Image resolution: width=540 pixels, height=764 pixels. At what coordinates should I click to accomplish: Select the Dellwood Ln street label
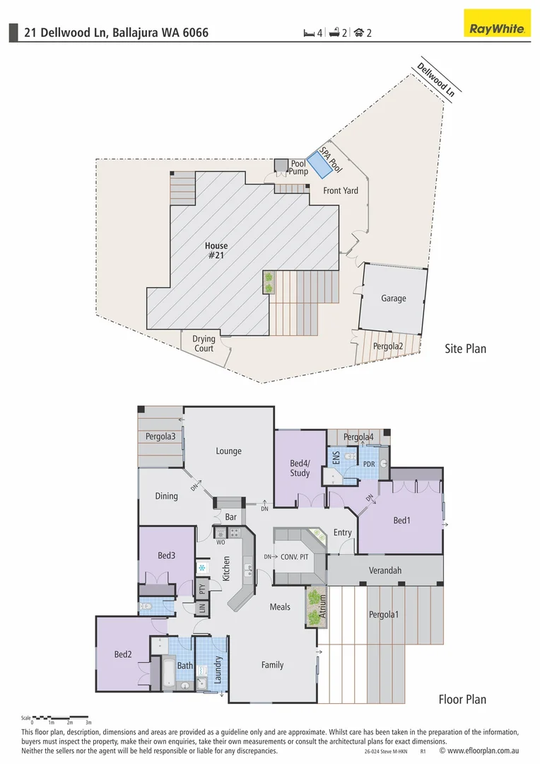(435, 79)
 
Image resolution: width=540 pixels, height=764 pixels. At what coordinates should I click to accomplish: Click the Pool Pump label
(298, 168)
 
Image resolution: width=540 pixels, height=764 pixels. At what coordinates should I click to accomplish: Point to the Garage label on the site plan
(394, 299)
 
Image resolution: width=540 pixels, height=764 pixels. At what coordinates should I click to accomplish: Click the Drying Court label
(204, 344)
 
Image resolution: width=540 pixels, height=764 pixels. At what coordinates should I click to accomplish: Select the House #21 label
(216, 250)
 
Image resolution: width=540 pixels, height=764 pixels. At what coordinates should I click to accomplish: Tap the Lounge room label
(228, 451)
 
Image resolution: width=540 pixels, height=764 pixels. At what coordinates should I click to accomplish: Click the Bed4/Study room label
(300, 468)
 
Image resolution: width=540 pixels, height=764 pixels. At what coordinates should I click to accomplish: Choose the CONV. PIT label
(295, 557)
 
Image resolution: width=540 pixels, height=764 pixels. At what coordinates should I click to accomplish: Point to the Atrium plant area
(314, 606)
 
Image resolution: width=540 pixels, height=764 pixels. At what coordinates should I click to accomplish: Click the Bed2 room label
(123, 654)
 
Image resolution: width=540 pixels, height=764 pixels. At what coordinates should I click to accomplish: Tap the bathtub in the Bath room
(168, 672)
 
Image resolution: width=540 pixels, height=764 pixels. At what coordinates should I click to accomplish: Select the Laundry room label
(218, 669)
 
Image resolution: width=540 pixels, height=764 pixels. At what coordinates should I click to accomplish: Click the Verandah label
(385, 570)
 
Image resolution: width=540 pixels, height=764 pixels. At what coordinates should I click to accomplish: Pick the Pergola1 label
(384, 615)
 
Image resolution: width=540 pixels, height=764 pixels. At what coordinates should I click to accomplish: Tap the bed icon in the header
(308, 33)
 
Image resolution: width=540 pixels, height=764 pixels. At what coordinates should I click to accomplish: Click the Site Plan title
(465, 348)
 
